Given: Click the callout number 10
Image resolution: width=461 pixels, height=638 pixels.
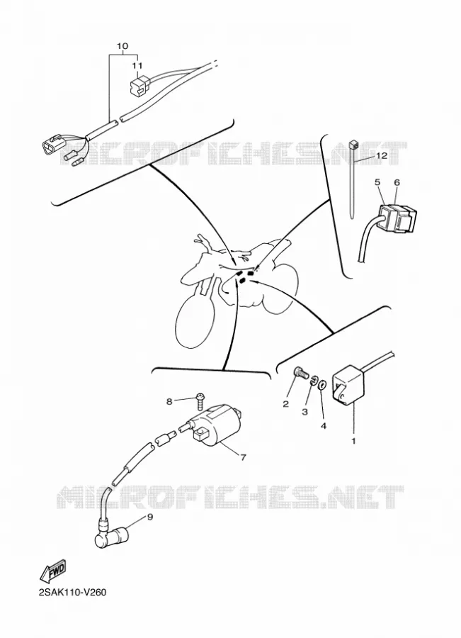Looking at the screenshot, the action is coord(123,46).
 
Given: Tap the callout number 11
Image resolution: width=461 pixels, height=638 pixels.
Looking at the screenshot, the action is coord(137,65).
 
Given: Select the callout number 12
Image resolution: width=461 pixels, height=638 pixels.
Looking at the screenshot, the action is coord(381,155).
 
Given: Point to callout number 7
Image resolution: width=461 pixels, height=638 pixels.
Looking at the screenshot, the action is coord(243,457).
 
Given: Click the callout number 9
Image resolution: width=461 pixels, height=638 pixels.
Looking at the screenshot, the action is coord(149,517).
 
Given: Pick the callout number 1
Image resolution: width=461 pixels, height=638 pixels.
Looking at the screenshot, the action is coord(353,441).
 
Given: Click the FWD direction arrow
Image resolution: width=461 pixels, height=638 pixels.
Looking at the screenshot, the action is coord(52,570).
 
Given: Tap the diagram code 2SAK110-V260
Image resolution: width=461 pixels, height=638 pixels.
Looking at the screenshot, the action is coord(72,592).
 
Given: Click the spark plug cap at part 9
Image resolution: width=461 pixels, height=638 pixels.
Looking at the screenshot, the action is coord(110,537).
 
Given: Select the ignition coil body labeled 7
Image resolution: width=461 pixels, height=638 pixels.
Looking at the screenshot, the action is coord(215,425).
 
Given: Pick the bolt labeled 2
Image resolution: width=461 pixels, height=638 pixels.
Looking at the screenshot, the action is coord(300,372).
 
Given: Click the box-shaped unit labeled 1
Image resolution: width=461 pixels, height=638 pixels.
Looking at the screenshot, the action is coord(348,388).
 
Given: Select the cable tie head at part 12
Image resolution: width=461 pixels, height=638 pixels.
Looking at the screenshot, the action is coord(353,144).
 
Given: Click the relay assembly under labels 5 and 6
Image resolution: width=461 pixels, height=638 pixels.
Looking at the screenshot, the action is coord(397,218).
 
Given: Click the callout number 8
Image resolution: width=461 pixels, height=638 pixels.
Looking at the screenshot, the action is coord(169,402).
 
